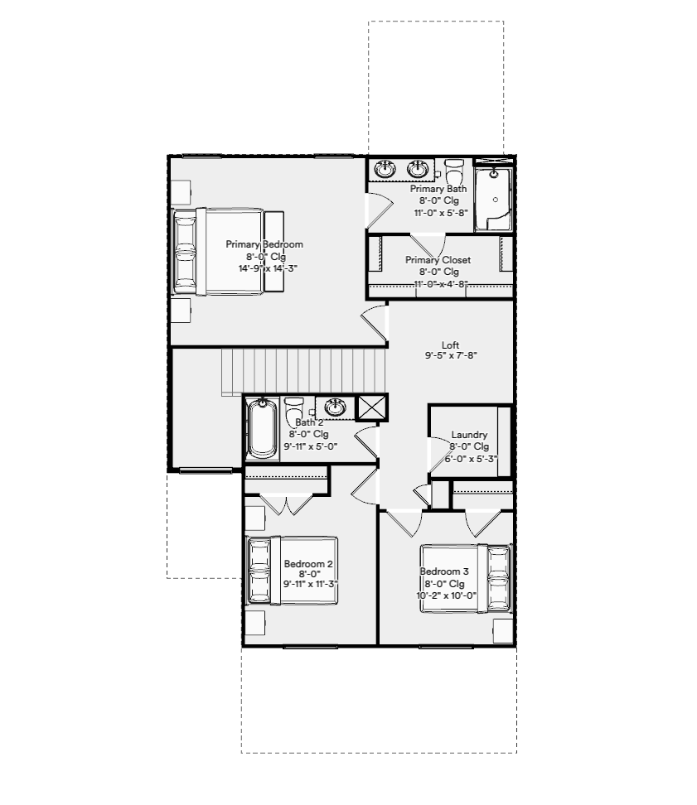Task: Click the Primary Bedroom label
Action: tap(264, 244)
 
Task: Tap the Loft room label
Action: tap(451, 345)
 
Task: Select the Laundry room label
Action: tap(469, 435)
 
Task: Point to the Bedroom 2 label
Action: tap(308, 564)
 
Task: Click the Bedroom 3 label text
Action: tap(444, 571)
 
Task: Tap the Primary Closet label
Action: tap(438, 260)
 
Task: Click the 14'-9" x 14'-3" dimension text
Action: tap(268, 268)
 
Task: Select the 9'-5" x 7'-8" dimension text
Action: tap(451, 355)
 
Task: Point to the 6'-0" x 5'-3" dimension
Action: tap(471, 459)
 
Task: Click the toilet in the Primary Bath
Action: tap(454, 171)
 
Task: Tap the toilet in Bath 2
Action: tap(293, 408)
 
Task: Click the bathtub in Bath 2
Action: tap(262, 428)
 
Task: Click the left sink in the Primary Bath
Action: tap(385, 169)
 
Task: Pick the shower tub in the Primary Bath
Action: tap(493, 199)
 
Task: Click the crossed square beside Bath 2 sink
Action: tap(371, 407)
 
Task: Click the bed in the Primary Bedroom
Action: tap(229, 251)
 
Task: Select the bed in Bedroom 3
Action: tap(466, 578)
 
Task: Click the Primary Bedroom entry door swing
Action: tap(374, 322)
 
